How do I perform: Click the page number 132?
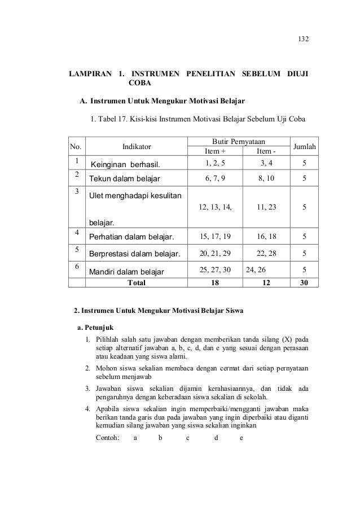(x=304, y=41)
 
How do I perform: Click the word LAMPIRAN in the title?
(x=90, y=75)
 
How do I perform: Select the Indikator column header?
(x=137, y=147)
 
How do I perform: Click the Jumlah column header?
(x=305, y=147)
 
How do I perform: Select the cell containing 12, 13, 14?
(x=216, y=207)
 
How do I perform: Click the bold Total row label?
(x=137, y=282)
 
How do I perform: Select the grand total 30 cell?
(x=304, y=282)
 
